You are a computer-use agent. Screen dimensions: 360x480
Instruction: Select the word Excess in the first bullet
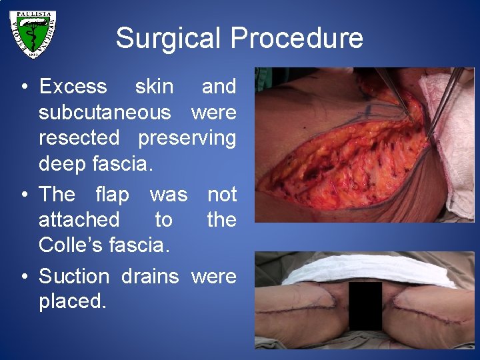point(73,87)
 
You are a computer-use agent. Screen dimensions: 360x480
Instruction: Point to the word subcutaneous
point(105,113)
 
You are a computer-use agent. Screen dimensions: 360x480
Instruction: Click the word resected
point(79,138)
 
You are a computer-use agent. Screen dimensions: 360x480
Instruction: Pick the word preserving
point(187,138)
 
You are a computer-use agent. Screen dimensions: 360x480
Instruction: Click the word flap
point(113,195)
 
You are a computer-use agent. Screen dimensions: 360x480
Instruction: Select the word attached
point(79,219)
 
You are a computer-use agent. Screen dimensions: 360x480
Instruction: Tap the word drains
point(150,276)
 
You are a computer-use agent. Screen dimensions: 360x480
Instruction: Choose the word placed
point(72,301)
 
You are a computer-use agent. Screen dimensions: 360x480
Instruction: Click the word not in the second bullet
point(222,195)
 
